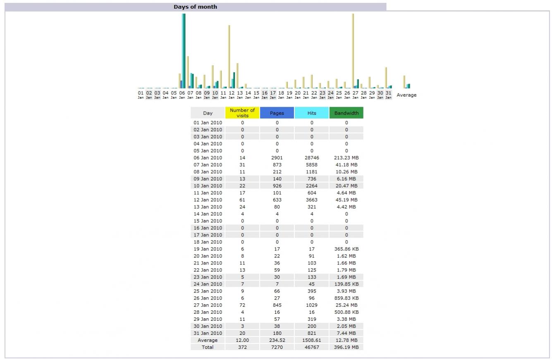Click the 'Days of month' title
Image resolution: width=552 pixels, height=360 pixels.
195,7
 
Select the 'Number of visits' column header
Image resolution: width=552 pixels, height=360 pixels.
242,113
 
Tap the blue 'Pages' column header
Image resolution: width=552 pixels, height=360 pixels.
277,113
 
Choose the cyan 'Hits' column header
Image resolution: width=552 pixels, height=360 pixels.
311,113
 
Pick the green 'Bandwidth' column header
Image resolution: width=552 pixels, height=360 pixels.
346,113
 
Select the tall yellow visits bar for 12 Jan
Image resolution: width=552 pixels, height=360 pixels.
229,56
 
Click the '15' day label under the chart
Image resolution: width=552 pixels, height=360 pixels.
256,93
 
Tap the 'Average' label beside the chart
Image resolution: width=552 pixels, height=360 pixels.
406,95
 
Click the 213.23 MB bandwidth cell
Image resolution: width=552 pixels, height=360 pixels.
346,158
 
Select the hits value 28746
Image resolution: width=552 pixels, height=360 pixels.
311,158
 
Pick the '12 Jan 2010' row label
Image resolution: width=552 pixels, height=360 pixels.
208,200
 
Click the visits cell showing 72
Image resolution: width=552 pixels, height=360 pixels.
242,305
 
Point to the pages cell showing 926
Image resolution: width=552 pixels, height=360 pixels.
277,186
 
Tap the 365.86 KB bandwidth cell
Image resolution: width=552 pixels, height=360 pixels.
346,249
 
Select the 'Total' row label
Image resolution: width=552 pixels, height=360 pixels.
208,347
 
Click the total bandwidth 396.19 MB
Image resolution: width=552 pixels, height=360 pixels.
346,347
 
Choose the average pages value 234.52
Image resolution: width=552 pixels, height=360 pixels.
277,340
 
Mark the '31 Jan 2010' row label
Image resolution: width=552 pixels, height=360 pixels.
208,333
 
